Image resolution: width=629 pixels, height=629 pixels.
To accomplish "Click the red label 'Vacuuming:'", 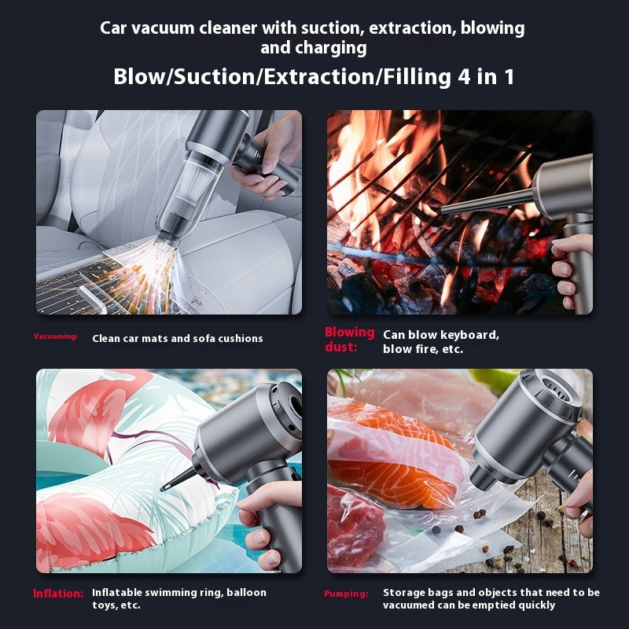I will tap(55, 337).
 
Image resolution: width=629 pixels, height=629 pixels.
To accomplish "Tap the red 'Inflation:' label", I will tap(58, 594).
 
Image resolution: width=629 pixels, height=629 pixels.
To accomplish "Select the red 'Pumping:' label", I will tap(345, 594).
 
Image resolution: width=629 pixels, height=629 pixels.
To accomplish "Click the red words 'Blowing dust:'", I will tap(349, 339).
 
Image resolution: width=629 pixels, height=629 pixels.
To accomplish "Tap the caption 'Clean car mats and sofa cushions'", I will tap(177, 338).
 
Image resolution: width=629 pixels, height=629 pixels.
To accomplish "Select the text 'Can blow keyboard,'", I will tap(440, 334).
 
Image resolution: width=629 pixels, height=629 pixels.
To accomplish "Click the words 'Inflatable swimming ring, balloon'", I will tap(178, 592).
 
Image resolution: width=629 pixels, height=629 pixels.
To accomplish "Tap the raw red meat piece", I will tap(354, 523).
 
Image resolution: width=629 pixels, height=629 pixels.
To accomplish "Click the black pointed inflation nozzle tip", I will tap(165, 487).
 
